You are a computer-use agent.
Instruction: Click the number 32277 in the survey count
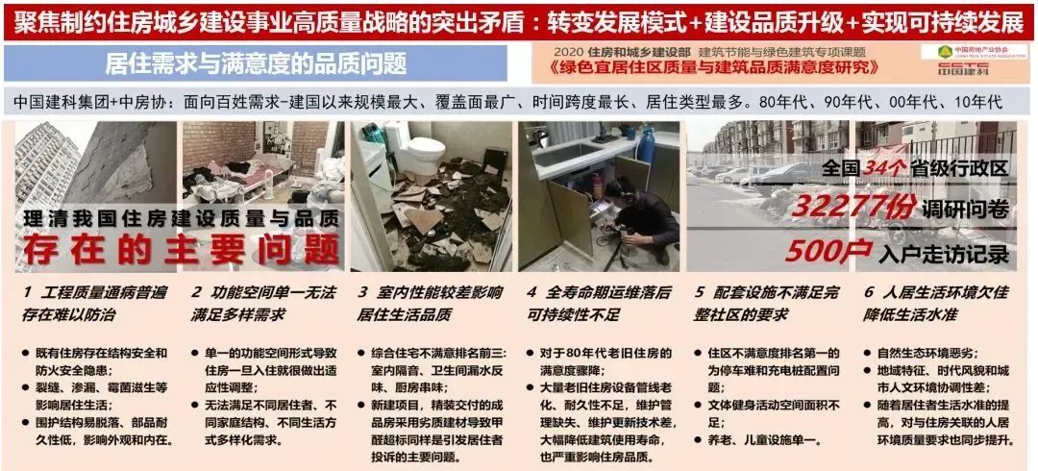[x=843, y=206]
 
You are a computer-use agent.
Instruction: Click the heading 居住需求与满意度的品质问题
[x=255, y=64]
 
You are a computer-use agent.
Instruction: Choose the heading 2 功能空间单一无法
[x=259, y=290]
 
